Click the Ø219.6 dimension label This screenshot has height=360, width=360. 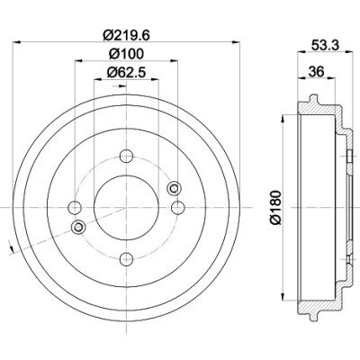coord(126,35)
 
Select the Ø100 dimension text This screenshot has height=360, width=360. coord(126,54)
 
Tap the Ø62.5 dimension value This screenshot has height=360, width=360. coord(126,72)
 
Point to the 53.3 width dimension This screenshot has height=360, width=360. coord(325,45)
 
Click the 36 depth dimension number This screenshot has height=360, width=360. coord(316,72)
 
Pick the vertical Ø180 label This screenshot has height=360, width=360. coord(275,207)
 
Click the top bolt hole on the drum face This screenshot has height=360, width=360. coord(126,156)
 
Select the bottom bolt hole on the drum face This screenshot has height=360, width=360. coord(126,259)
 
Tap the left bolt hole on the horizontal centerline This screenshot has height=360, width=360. coord(75,208)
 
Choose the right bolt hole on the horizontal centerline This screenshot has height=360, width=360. coord(178,208)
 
